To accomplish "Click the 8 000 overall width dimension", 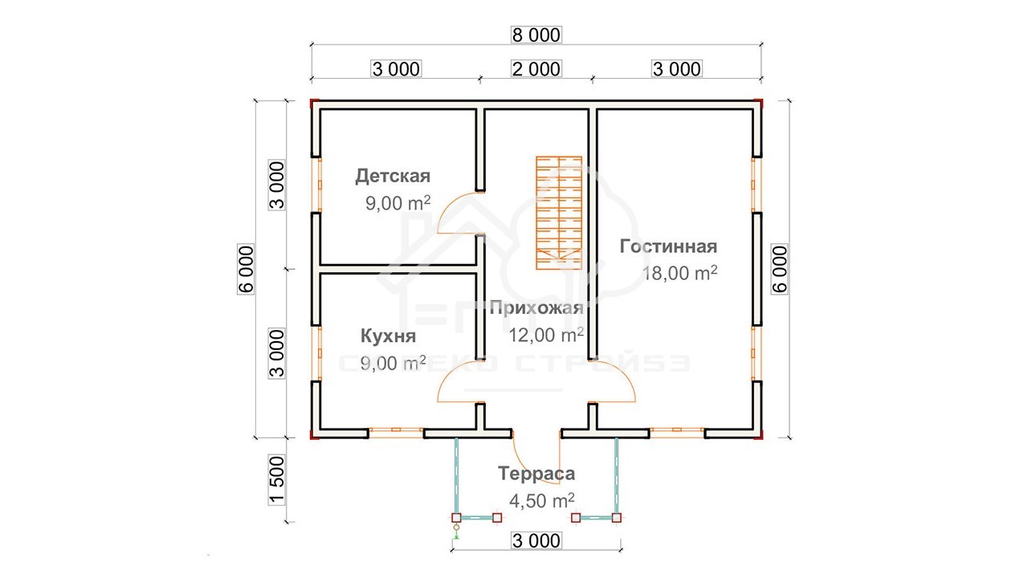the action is tap(536, 35).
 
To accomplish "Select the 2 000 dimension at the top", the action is tap(536, 69).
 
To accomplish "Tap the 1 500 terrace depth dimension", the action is tap(277, 480).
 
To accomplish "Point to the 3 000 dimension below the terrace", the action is tap(536, 540).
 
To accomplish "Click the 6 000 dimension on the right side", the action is tap(779, 269).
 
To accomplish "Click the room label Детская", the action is tap(393, 176).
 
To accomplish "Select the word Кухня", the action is tap(388, 336).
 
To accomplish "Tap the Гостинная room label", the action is tap(668, 246).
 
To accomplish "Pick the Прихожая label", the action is tap(536, 307).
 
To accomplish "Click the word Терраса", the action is tap(536, 474).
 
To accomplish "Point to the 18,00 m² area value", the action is tap(679, 273).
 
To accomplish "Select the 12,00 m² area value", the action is tap(546, 335).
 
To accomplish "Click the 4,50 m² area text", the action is tap(542, 500).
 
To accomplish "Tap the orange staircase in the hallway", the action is tap(559, 213).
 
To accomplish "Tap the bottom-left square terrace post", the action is tap(456, 518).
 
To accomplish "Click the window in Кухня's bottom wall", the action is tap(396, 429).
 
